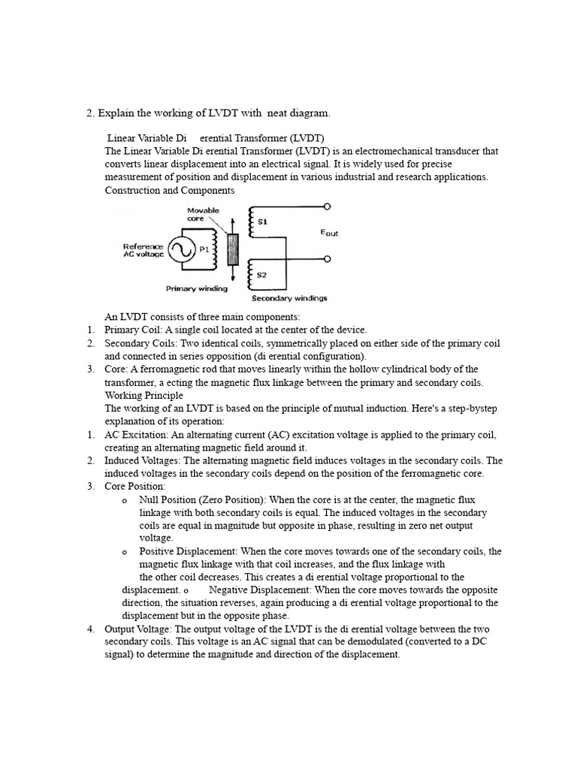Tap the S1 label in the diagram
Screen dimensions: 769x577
(x=261, y=222)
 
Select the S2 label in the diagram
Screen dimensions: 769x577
(x=261, y=275)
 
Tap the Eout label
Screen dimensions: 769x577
(x=329, y=233)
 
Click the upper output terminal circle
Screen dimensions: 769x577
(x=327, y=206)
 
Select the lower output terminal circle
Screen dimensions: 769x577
(x=327, y=259)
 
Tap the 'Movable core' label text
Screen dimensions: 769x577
(x=202, y=215)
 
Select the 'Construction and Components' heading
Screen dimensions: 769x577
(x=170, y=190)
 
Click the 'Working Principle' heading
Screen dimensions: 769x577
(x=143, y=395)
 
